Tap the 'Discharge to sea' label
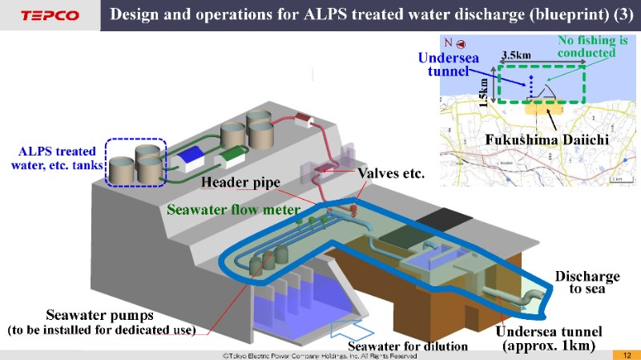[587, 282]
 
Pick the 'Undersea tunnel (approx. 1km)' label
[547, 338]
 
